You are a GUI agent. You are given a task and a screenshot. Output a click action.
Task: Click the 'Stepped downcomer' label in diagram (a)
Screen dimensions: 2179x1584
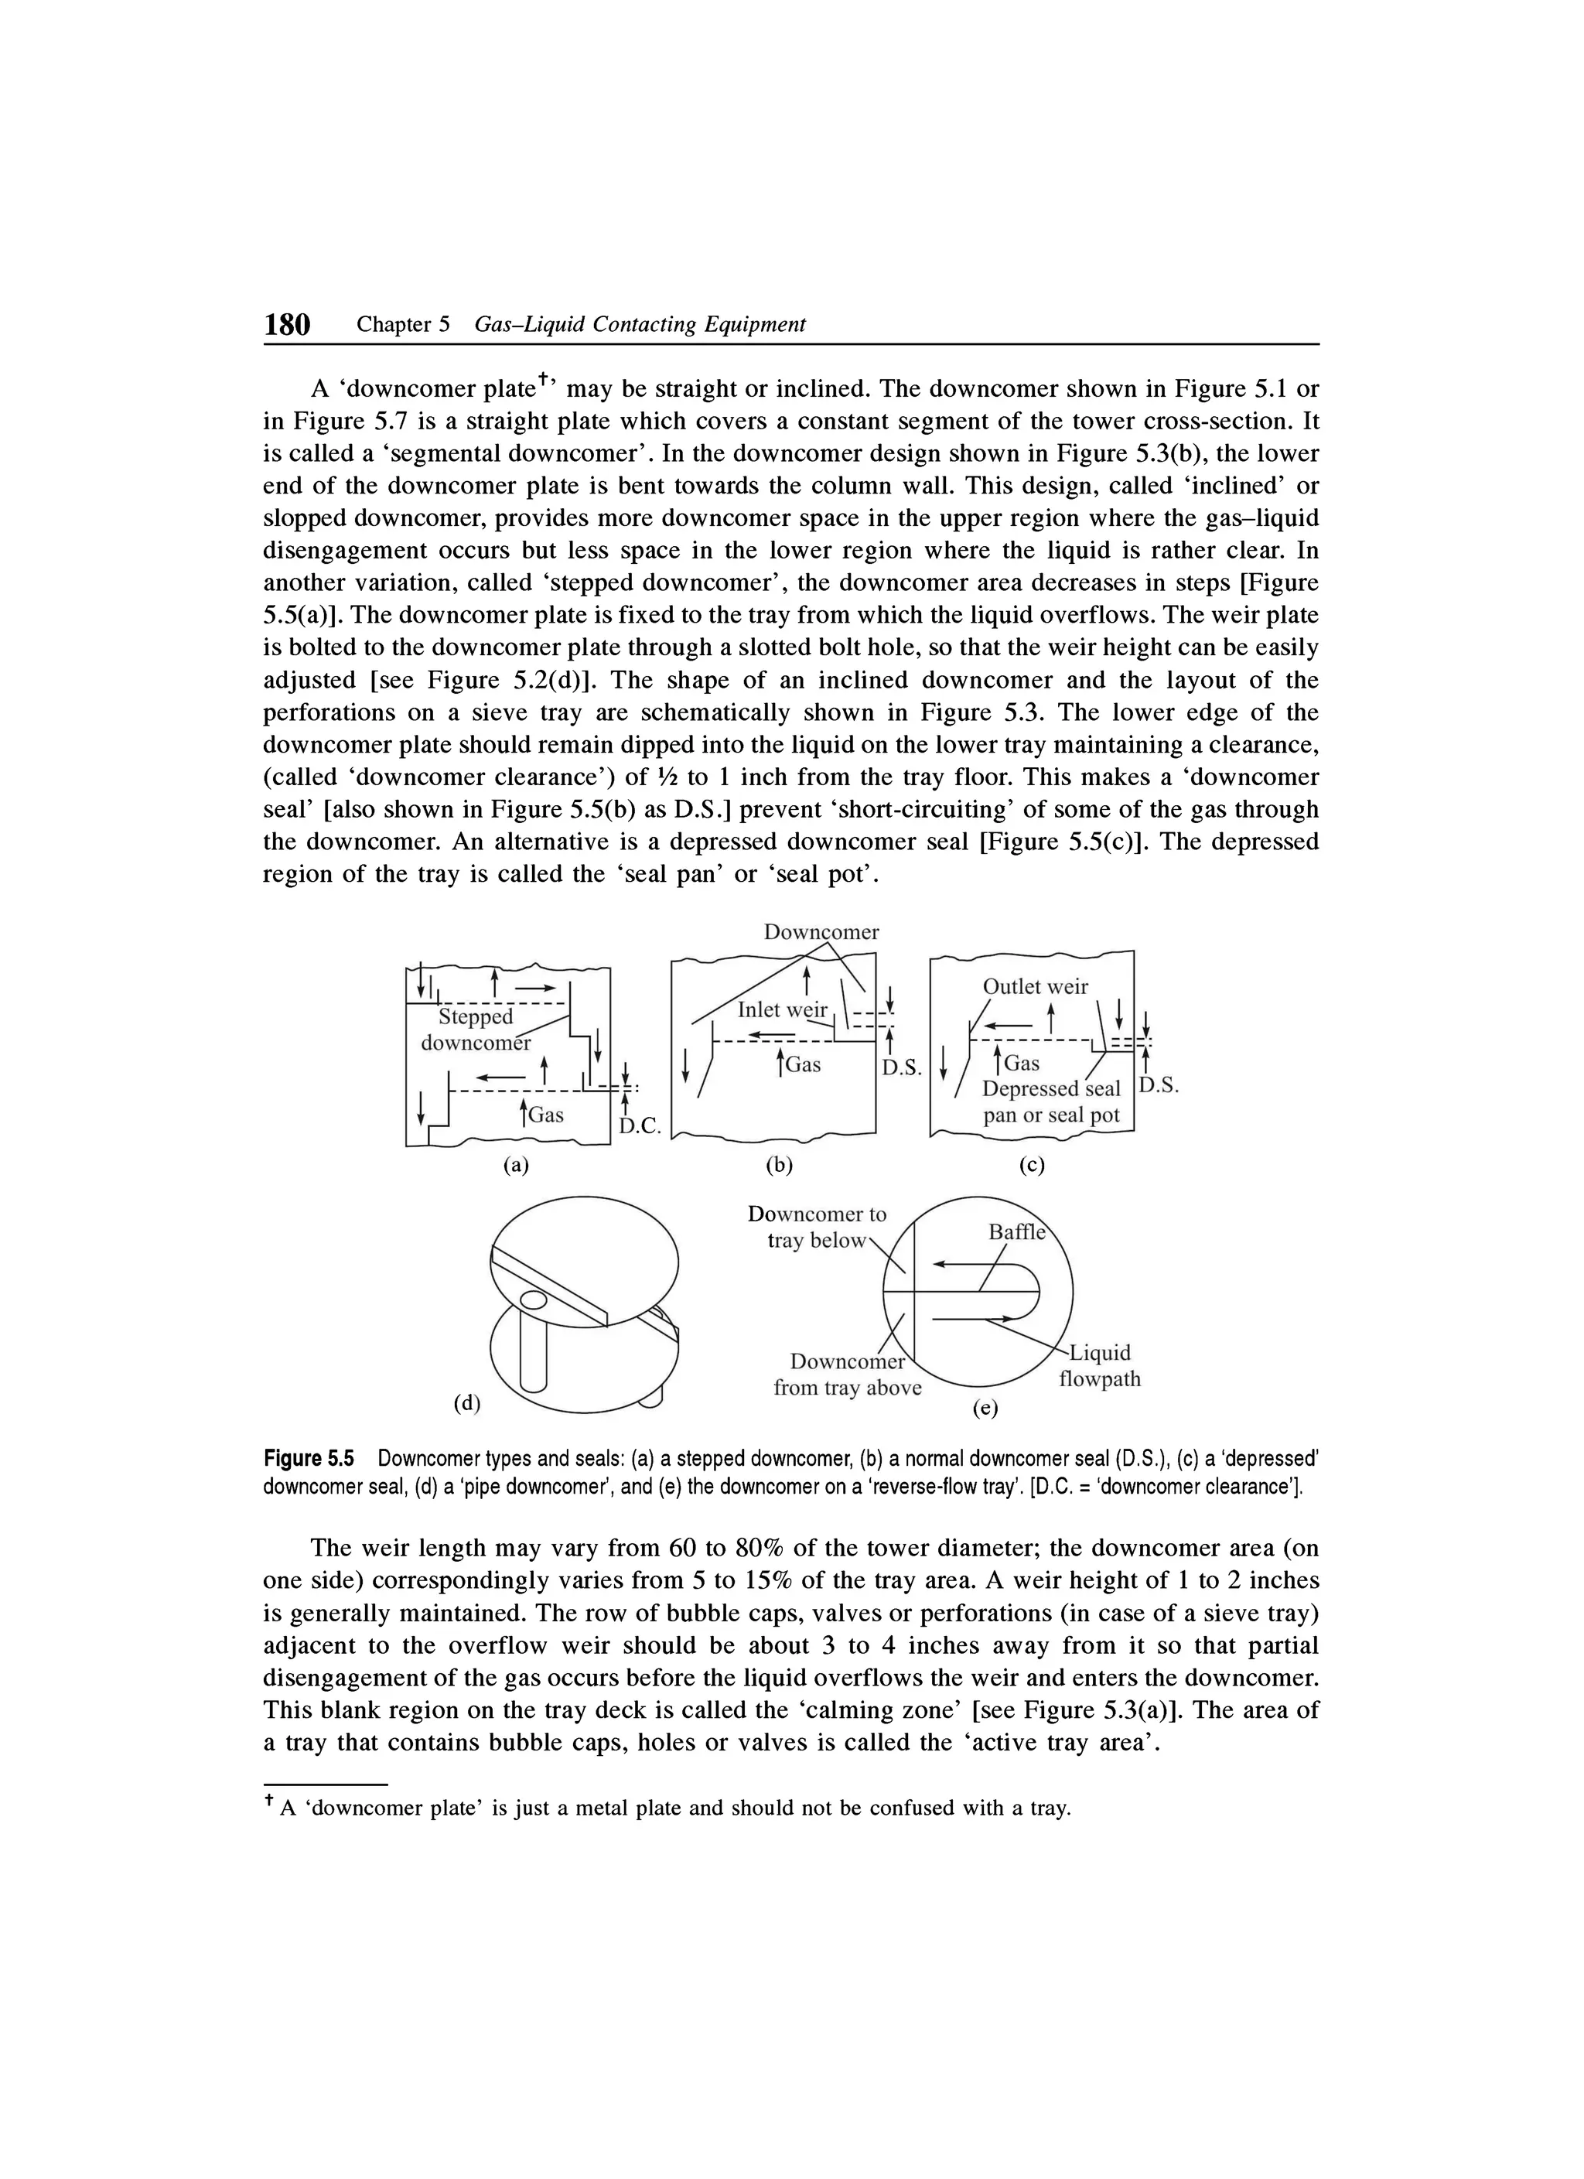(476, 1029)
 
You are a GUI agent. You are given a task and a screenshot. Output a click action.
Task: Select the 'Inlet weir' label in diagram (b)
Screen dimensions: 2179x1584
(782, 1009)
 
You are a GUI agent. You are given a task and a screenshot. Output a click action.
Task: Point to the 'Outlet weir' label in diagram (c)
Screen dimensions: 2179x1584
(1035, 987)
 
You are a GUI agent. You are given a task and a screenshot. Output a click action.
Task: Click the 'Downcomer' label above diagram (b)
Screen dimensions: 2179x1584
(821, 932)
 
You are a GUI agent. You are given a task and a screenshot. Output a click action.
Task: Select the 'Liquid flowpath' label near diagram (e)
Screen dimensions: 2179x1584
(1100, 1365)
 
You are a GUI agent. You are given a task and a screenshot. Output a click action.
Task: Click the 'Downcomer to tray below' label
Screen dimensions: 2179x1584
(817, 1227)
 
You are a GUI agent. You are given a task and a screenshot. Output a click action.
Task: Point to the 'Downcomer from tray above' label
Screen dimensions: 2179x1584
(846, 1375)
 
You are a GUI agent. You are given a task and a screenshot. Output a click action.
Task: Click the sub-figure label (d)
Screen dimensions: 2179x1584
(467, 1402)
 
